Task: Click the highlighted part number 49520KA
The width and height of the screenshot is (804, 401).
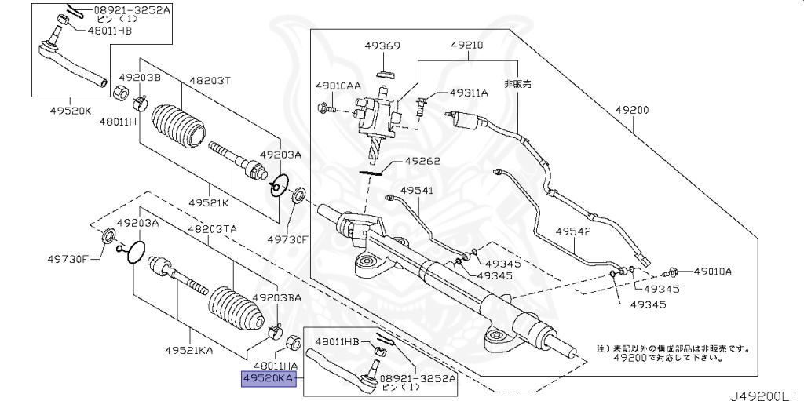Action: click(268, 378)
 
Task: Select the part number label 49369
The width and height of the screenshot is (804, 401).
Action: click(382, 46)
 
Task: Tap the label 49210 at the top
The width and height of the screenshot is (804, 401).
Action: click(469, 46)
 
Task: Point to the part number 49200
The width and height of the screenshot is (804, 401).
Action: click(631, 111)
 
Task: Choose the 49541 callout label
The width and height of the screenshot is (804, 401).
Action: click(415, 190)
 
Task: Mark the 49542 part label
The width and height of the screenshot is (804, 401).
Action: click(572, 231)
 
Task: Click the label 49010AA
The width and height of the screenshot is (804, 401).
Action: click(338, 85)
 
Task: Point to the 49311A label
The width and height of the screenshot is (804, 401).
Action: click(468, 93)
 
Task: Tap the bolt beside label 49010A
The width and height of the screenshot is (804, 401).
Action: click(671, 273)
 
